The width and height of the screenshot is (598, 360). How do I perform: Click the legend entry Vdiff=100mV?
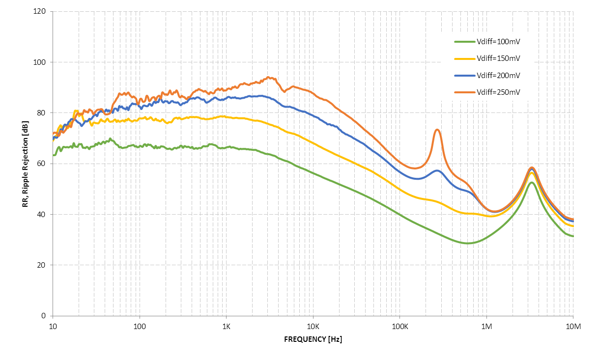tap(498, 41)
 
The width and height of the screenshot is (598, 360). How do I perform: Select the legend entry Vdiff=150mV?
tap(498, 58)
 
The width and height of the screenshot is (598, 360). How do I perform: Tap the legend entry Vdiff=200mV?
tap(498, 75)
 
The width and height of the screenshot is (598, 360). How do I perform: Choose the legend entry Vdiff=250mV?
tap(498, 92)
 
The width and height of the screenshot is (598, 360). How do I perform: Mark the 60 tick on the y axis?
tap(42, 164)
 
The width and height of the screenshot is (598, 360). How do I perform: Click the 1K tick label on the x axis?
tap(226, 326)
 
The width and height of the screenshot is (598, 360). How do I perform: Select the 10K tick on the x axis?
tap(313, 326)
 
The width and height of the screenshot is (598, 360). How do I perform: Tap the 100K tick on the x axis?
tap(399, 326)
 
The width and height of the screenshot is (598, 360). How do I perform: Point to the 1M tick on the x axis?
tap(486, 326)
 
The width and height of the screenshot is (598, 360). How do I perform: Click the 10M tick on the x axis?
tap(573, 326)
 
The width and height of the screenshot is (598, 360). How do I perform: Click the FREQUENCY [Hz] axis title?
tap(313, 339)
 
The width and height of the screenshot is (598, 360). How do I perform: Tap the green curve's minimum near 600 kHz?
tap(468, 243)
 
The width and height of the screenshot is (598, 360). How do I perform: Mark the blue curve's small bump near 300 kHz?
tap(437, 170)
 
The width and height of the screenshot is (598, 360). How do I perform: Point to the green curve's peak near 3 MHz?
tap(532, 183)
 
